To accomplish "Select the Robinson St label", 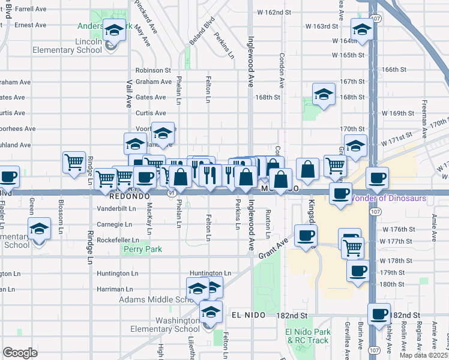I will click(x=153, y=70).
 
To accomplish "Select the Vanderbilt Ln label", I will click(x=116, y=209).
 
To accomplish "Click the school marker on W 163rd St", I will click(x=363, y=29).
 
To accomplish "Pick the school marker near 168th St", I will click(x=324, y=94).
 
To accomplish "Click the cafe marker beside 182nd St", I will click(x=379, y=314).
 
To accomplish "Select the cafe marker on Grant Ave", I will click(x=306, y=235).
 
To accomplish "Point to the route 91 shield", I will click(x=172, y=194).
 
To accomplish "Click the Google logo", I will click(x=20, y=353).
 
